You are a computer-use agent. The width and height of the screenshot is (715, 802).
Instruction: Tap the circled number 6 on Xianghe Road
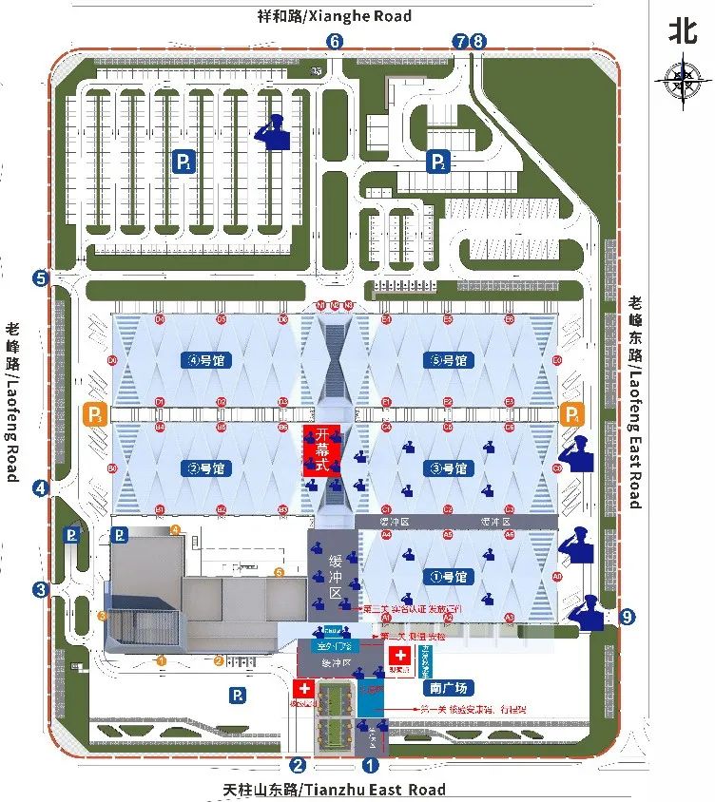335,41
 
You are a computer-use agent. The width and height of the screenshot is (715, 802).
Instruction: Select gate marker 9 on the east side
626,617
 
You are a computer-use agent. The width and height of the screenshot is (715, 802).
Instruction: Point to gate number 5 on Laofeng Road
40,278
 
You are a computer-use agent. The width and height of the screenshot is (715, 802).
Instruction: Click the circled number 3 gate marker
40,589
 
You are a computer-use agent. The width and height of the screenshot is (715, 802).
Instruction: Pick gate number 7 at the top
461,41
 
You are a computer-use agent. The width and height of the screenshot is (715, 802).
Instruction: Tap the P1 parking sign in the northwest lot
184,162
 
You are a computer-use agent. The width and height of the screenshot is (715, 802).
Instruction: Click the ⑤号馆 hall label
448,360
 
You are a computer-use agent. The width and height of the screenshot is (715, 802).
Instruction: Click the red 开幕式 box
321,450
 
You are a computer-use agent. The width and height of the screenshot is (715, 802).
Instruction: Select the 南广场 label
446,688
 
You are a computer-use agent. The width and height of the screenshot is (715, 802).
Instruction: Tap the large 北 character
682,30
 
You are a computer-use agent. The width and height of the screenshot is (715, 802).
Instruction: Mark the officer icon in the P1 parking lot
274,132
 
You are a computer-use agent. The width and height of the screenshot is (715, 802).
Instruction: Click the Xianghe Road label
335,16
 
